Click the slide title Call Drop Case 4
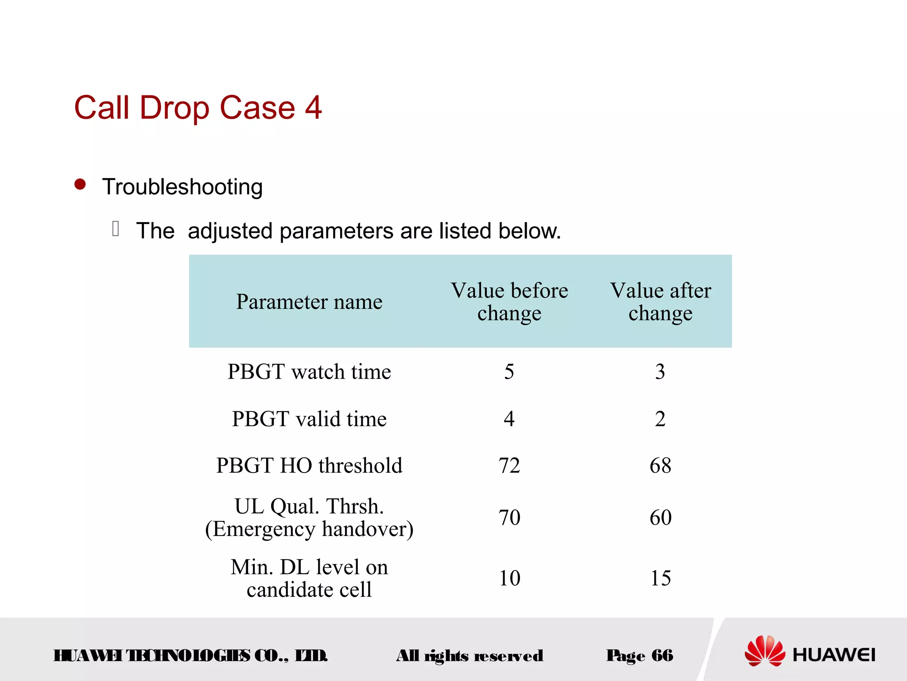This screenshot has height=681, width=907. coord(198,108)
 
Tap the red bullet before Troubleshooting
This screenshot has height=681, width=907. coord(80,184)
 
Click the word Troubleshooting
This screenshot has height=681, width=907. coord(182,187)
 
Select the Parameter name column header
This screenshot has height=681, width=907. coord(309,301)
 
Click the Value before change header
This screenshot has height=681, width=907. coord(509,301)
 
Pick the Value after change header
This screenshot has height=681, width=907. coord(660,301)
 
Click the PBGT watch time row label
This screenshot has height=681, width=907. coord(309,372)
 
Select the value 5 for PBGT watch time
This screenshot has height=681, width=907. coord(509,372)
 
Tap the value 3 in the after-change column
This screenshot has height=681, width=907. coord(660,372)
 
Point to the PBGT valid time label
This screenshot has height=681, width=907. coord(309,419)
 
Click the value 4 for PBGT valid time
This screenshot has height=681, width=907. coord(509,419)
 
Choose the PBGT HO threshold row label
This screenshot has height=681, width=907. coord(309,466)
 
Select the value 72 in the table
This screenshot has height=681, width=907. coord(509,466)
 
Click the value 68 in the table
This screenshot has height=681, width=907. coord(660,466)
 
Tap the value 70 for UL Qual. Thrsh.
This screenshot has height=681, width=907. coord(509,517)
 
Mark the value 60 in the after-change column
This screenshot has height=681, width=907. coord(660,517)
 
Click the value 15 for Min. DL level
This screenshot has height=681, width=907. coord(660,578)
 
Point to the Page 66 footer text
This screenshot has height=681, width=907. coord(640,656)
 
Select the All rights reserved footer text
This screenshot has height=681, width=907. coord(469,656)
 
